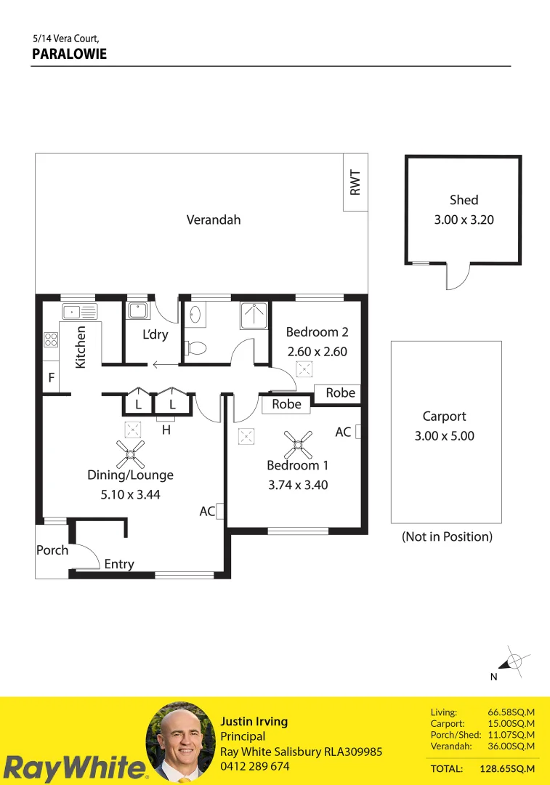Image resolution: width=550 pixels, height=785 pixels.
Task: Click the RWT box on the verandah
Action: point(355,182)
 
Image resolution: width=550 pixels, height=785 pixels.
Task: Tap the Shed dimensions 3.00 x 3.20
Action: point(464,219)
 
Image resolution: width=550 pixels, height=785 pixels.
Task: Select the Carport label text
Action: point(444,416)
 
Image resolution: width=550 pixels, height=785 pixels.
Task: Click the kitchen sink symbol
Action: point(79,312)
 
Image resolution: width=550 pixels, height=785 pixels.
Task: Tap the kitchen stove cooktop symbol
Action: point(51,339)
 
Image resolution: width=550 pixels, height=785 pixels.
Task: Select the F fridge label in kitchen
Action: point(51,378)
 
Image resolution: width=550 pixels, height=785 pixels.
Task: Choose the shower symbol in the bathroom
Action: point(254,315)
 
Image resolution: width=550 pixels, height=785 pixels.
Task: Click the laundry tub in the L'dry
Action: point(137,310)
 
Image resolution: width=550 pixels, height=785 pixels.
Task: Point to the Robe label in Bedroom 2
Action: point(340,393)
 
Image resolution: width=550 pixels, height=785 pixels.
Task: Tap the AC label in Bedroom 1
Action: point(343,432)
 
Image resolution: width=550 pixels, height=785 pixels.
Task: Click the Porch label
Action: point(52,550)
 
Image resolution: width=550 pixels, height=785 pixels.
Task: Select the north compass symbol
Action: point(512,661)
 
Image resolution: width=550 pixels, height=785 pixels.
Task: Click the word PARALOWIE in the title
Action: point(70,54)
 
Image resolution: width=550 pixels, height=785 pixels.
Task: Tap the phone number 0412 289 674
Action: point(255,766)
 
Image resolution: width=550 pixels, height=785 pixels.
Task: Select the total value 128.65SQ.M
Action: point(507,768)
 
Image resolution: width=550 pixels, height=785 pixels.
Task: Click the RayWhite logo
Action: point(73,768)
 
